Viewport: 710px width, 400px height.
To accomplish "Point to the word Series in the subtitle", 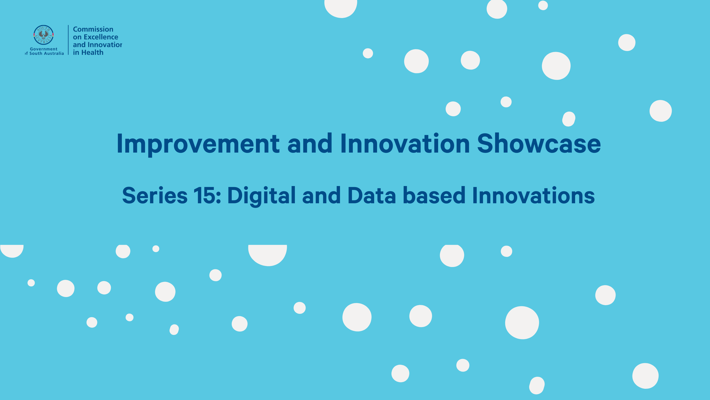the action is click(155, 195).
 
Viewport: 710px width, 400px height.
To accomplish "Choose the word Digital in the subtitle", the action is click(261, 196).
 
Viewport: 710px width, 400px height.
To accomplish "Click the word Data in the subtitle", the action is click(372, 195).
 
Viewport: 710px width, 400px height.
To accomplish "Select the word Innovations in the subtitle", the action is click(534, 195).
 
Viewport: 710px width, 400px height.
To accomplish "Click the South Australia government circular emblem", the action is click(44, 35).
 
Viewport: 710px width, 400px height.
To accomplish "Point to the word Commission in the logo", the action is click(93, 29).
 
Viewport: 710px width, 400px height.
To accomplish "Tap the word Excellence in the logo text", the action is click(101, 37).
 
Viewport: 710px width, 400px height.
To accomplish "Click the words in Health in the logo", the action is click(88, 53).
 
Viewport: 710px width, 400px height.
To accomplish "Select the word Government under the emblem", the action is click(44, 49).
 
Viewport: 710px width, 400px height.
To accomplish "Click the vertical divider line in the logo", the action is click(68, 40).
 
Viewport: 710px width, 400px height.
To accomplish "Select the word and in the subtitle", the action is click(321, 195).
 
